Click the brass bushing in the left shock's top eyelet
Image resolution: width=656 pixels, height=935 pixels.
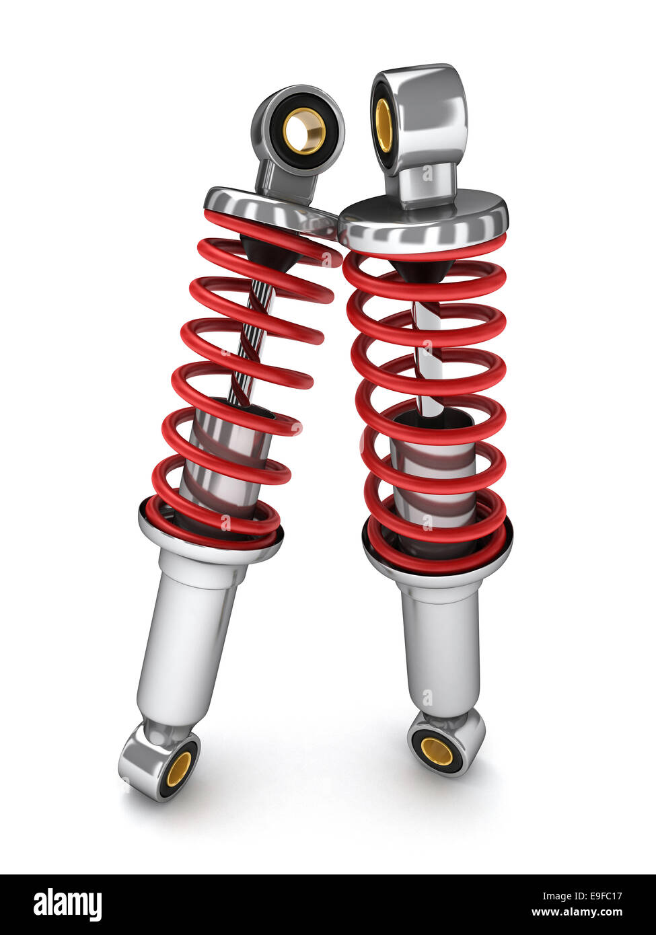304,131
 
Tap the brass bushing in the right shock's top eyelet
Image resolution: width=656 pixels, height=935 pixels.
384,125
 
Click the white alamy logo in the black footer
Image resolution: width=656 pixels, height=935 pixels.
67,905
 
